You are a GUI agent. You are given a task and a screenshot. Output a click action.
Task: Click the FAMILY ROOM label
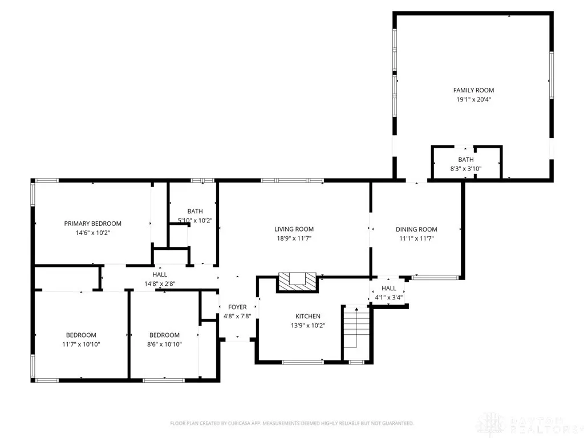[x=473, y=90]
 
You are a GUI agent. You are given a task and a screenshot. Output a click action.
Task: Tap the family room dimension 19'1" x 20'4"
[x=474, y=99]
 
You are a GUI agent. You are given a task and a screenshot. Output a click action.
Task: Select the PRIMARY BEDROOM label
[x=93, y=224]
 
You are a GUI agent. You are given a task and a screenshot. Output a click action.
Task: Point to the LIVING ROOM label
[x=294, y=229]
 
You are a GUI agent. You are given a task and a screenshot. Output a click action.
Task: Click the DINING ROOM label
[x=416, y=229]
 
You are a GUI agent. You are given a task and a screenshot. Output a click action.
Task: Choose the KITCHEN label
[x=308, y=316]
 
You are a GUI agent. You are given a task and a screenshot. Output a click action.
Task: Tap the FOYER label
[x=237, y=307]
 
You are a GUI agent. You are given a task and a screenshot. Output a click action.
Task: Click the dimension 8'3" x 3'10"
[x=466, y=169]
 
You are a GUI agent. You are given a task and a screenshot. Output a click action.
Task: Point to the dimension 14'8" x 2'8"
[x=160, y=284]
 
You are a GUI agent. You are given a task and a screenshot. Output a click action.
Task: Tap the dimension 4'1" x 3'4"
[x=388, y=298]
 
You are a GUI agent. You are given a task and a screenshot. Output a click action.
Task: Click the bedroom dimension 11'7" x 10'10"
[x=81, y=344]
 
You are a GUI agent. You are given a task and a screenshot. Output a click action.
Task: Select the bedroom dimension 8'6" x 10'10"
[x=164, y=344]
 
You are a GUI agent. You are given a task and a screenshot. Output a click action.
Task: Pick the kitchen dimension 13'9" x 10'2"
[x=308, y=326]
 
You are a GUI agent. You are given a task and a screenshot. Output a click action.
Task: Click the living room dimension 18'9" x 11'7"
[x=294, y=238]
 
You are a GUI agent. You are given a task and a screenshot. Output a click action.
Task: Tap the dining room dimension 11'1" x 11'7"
[x=416, y=239]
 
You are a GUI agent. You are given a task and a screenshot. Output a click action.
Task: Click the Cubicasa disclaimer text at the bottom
[x=291, y=423]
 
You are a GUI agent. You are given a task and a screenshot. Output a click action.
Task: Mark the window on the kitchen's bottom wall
[x=302, y=362]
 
